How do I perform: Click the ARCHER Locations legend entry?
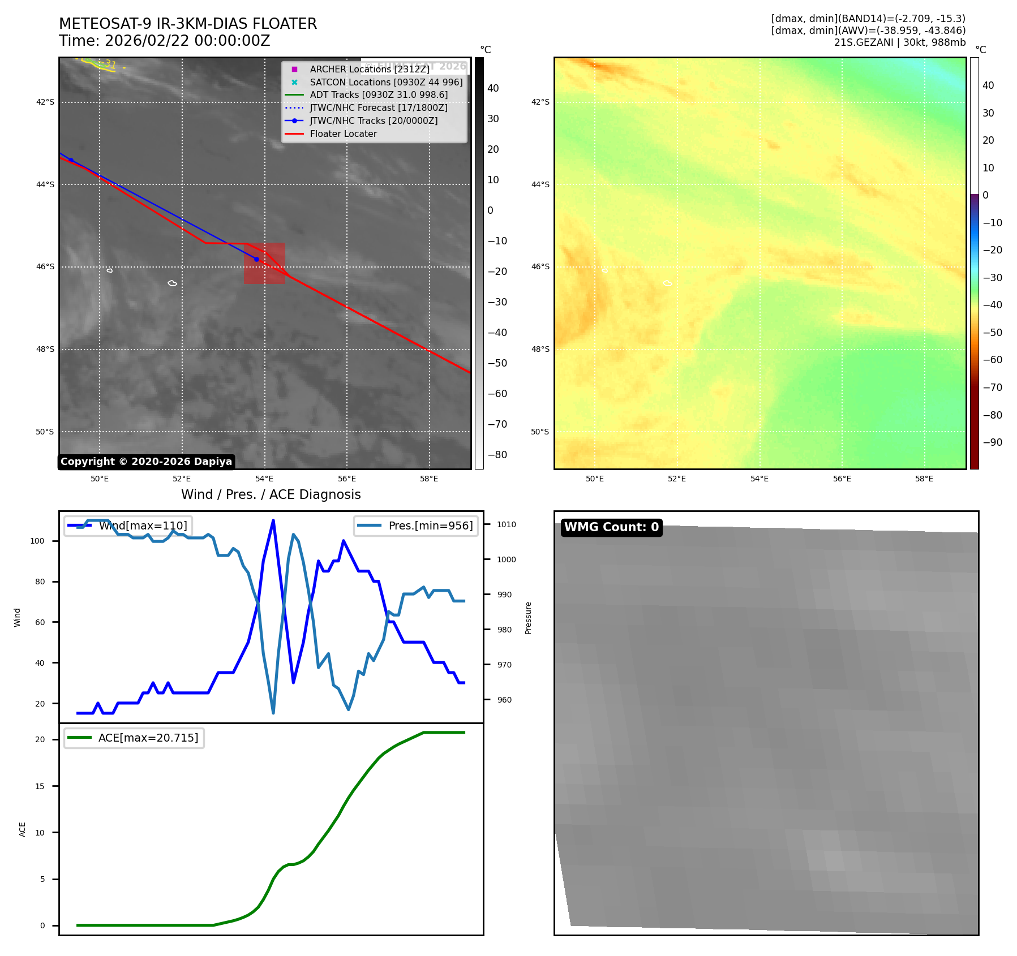370,69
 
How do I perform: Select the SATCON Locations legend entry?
386,82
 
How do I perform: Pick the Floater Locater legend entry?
343,134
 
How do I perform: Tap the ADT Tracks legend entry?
379,95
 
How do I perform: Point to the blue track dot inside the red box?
256,260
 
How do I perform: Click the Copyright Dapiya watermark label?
146,462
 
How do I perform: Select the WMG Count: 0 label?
611,527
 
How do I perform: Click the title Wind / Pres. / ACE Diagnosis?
271,494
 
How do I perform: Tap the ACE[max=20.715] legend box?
135,738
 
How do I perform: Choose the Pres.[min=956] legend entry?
417,526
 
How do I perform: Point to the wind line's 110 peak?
273,520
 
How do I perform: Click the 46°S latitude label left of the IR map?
45,266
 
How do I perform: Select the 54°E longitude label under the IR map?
264,479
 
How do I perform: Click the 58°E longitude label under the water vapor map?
924,479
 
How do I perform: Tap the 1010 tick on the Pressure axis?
506,524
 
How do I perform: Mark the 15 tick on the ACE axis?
40,786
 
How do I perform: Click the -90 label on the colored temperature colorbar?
992,442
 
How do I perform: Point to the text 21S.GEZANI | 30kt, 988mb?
899,42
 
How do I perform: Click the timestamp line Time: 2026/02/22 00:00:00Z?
164,41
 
